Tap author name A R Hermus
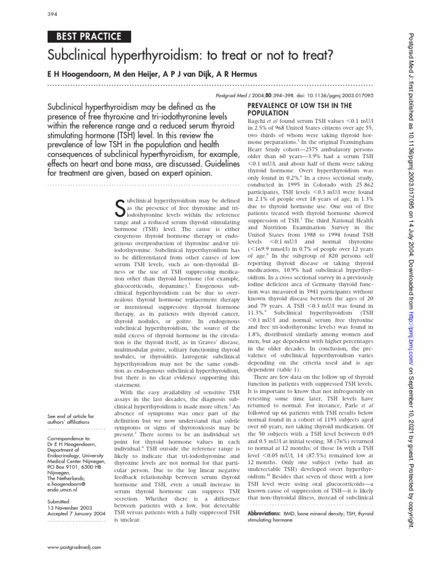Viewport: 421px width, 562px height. tap(225, 74)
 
